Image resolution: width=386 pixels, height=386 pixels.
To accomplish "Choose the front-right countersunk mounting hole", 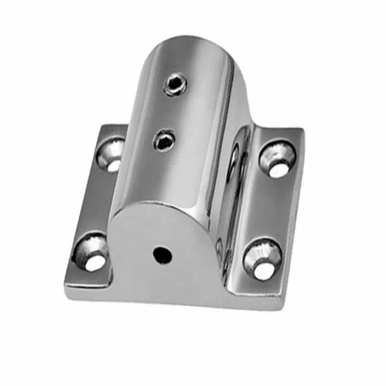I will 263,258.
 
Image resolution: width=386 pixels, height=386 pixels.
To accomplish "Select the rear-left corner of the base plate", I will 102,126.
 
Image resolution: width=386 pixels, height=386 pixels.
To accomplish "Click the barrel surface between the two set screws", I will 170,112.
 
